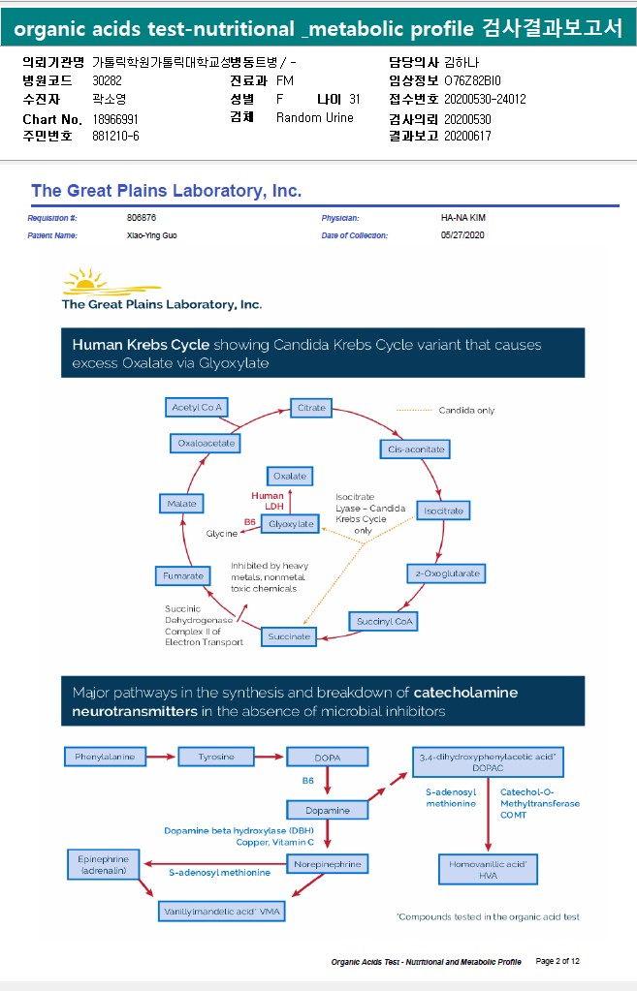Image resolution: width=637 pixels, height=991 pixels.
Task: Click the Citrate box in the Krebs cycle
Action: (312, 408)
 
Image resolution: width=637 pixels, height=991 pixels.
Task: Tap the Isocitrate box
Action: (444, 510)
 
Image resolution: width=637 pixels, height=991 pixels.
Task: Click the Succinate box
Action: (289, 636)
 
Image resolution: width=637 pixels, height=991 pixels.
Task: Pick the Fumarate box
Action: (183, 576)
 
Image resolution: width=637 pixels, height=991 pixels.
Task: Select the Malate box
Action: (181, 504)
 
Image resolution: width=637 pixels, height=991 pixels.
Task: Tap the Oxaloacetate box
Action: (207, 443)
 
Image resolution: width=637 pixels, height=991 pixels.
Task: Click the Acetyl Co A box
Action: (197, 407)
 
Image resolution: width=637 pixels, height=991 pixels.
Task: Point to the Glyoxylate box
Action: (292, 524)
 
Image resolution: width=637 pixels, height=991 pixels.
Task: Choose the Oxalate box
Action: (290, 476)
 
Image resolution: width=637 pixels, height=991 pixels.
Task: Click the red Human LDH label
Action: (268, 501)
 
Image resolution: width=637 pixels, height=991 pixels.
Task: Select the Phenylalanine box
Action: (105, 756)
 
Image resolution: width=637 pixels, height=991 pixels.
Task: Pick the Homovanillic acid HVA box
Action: (488, 869)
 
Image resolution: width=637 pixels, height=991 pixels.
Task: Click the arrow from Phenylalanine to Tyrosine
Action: (162, 756)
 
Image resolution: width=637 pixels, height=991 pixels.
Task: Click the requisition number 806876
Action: (142, 218)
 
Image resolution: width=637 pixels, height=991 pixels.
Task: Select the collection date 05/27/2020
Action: (462, 234)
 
